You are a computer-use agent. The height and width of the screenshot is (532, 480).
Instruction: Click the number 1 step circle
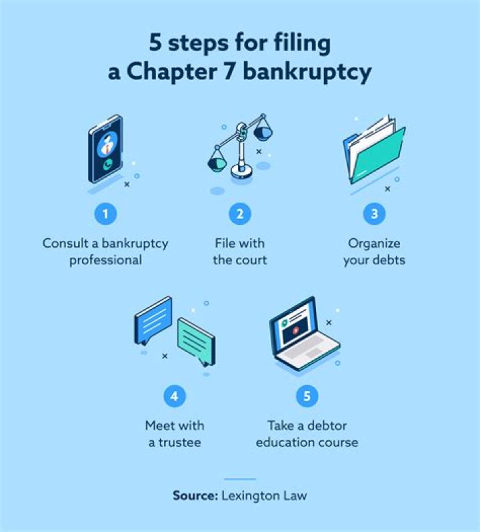[105, 214]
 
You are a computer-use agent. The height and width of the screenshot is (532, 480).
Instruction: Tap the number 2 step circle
[240, 214]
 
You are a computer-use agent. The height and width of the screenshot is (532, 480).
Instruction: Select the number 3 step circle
[374, 214]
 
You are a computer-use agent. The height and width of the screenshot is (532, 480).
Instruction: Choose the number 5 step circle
[307, 396]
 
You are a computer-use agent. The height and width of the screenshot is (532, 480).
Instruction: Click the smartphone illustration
[106, 149]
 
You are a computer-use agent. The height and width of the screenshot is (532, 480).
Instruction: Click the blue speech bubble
[153, 319]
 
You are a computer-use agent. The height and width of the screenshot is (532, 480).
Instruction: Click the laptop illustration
[304, 334]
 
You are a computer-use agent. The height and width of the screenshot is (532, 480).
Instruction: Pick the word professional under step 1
[105, 260]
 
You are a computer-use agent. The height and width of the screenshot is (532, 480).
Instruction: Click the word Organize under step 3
[374, 243]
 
